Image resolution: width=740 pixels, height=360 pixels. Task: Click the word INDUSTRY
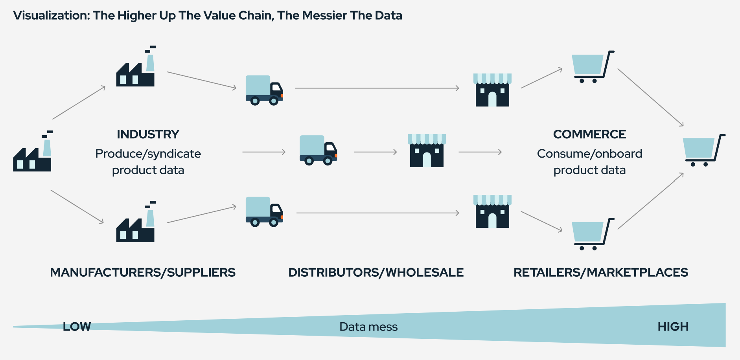tap(148, 134)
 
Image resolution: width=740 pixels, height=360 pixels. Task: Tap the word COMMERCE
tap(589, 134)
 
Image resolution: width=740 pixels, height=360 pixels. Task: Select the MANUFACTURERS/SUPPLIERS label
tap(143, 272)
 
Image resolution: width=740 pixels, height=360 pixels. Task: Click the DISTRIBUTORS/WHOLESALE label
tap(376, 272)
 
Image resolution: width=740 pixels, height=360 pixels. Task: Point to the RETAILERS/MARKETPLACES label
tap(601, 272)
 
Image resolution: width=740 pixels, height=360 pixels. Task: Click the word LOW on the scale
tap(77, 327)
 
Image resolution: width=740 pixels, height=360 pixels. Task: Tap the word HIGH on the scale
tap(673, 327)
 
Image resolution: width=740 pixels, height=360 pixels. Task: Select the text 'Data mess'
tap(368, 327)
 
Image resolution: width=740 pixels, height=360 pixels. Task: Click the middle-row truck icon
tap(318, 151)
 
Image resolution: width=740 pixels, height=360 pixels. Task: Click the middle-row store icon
tap(427, 151)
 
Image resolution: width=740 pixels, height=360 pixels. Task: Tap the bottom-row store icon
tap(492, 212)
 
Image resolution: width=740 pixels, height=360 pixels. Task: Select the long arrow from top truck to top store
tap(377, 88)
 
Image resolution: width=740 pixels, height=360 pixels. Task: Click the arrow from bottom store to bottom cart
tap(541, 222)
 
